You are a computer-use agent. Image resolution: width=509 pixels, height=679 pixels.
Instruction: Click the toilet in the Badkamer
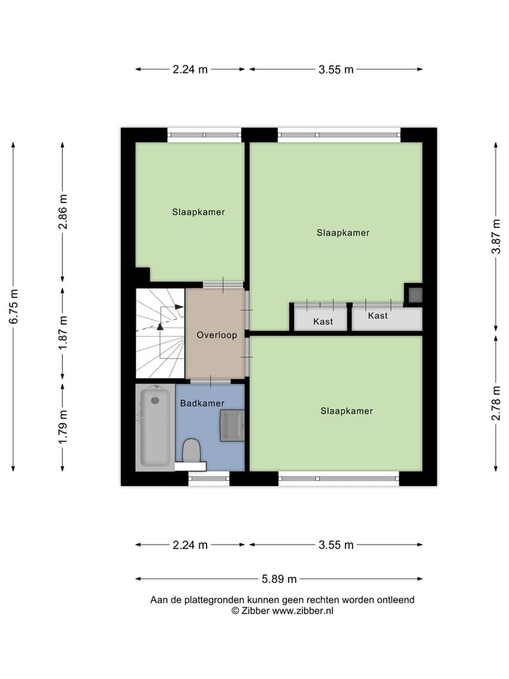pyautogui.click(x=191, y=450)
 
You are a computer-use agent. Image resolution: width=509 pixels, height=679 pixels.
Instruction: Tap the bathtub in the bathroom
pyautogui.click(x=154, y=426)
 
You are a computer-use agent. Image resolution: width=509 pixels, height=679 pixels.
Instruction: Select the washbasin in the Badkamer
pyautogui.click(x=232, y=425)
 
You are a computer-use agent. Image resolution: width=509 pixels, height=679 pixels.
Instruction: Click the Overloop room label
pyautogui.click(x=217, y=335)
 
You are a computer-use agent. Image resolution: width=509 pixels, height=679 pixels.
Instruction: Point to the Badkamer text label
pyautogui.click(x=202, y=403)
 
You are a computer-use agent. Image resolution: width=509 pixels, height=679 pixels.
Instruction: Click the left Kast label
pyautogui.click(x=323, y=321)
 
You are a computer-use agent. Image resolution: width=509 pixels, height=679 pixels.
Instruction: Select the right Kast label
pyautogui.click(x=378, y=315)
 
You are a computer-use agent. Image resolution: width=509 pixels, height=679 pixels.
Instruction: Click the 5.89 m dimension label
pyautogui.click(x=279, y=579)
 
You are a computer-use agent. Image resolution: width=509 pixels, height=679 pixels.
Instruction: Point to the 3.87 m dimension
pyautogui.click(x=497, y=237)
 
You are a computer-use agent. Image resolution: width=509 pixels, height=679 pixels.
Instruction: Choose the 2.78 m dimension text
pyautogui.click(x=497, y=403)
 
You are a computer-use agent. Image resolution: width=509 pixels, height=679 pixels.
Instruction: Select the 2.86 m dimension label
pyautogui.click(x=63, y=211)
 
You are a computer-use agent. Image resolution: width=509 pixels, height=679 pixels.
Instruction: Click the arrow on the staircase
pyautogui.click(x=160, y=326)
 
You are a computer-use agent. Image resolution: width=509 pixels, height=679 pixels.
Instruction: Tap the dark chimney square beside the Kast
pyautogui.click(x=414, y=294)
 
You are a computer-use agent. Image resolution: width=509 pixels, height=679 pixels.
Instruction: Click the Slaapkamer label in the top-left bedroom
pyautogui.click(x=198, y=211)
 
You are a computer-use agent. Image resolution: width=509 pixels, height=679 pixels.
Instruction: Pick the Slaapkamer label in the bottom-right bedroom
pyautogui.click(x=346, y=411)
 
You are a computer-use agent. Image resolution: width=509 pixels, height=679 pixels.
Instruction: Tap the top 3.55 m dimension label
pyautogui.click(x=336, y=69)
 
